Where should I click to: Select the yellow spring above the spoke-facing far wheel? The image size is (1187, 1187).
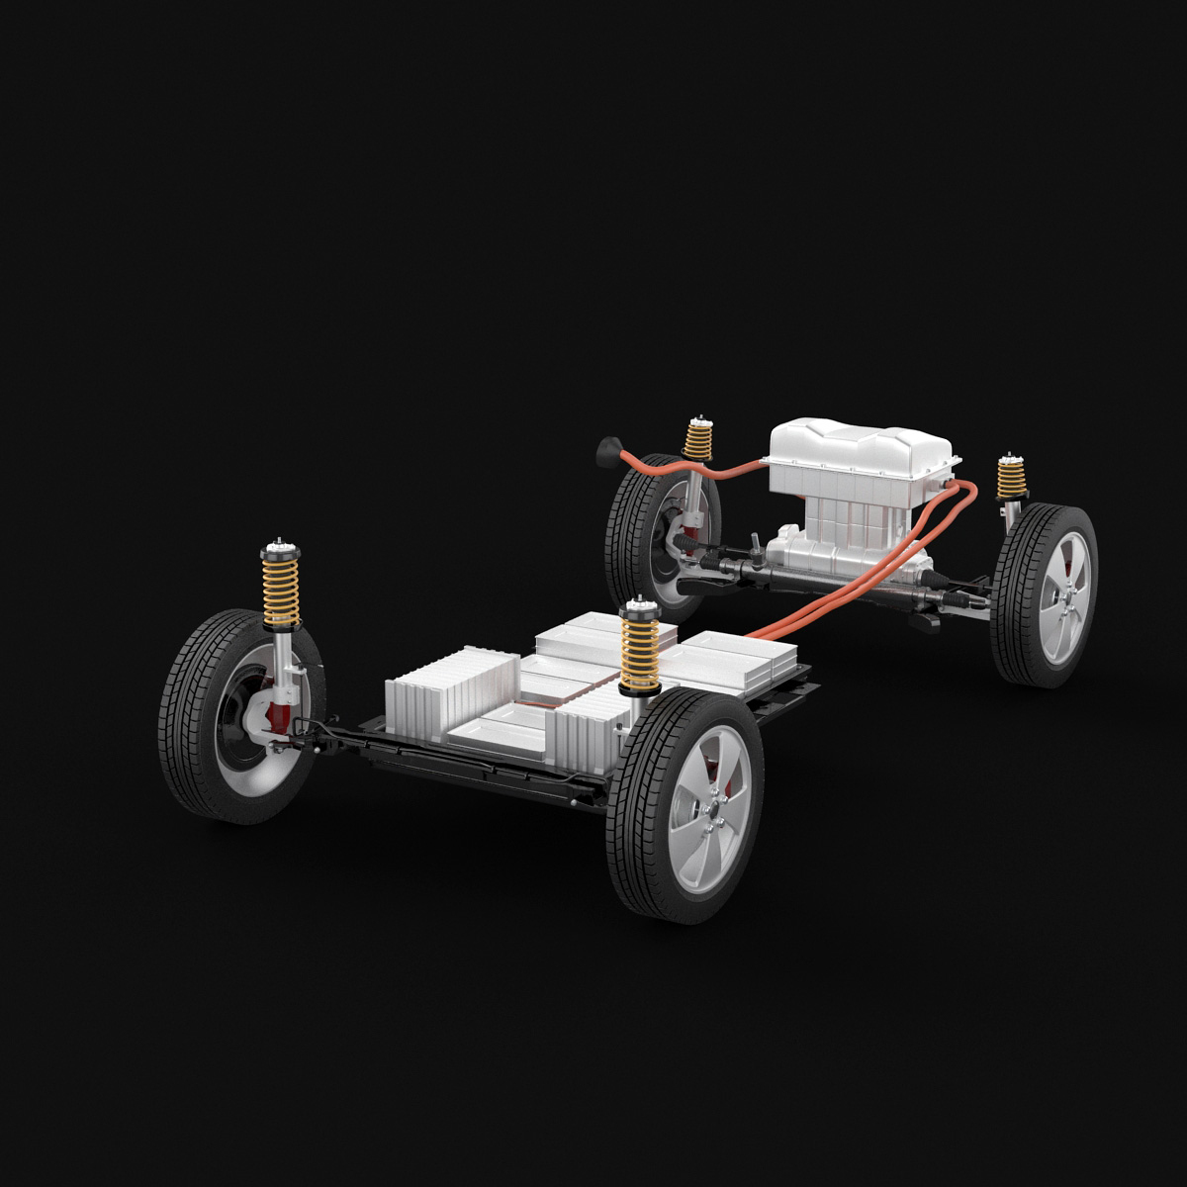click(x=1010, y=479)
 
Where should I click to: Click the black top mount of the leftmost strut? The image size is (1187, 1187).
click(x=279, y=550)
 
